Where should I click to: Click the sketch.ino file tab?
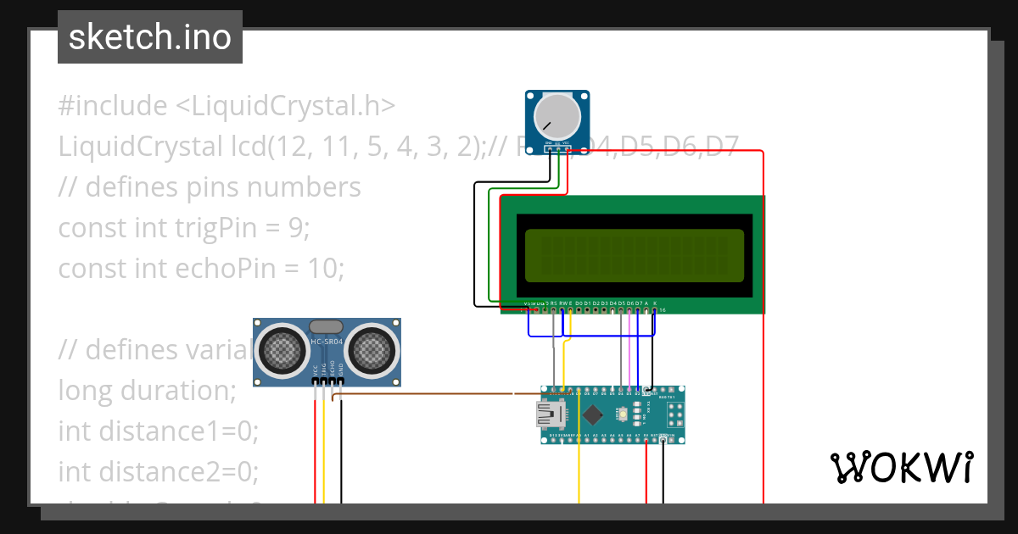pos(150,37)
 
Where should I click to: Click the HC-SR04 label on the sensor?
pos(327,342)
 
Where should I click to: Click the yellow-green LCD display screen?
pos(634,256)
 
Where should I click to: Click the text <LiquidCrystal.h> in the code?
pos(286,106)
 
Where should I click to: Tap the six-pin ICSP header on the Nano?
pos(676,414)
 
